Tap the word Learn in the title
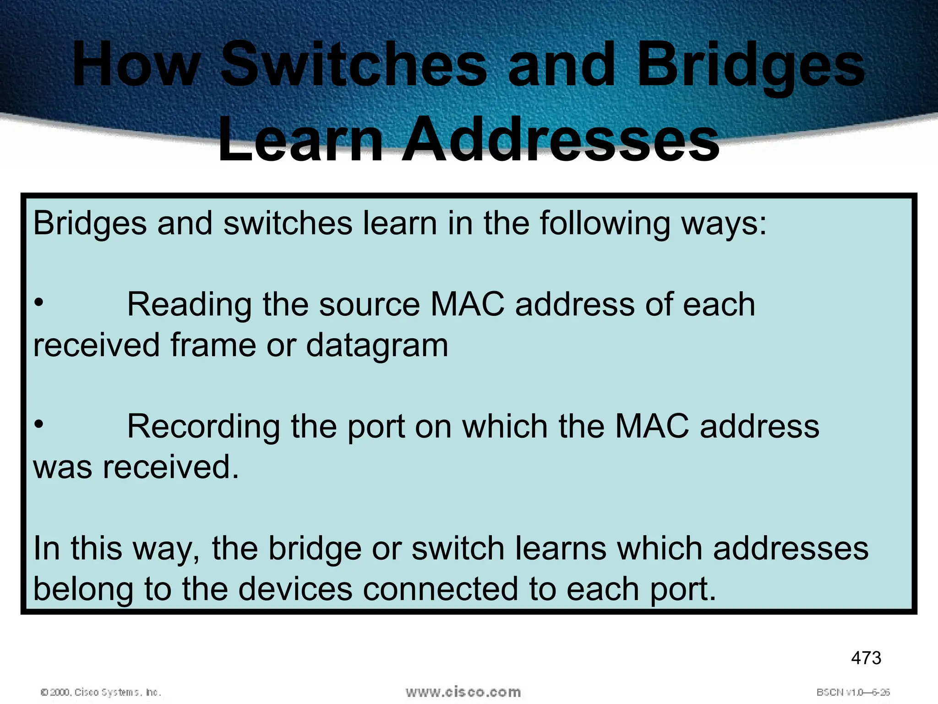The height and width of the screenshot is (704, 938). click(x=300, y=140)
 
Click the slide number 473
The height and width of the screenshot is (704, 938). click(x=866, y=658)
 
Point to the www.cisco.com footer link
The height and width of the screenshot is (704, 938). click(x=463, y=692)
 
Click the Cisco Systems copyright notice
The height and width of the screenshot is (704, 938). click(x=101, y=692)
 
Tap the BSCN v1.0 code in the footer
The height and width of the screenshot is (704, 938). click(x=853, y=692)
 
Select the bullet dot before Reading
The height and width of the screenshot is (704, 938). click(x=39, y=302)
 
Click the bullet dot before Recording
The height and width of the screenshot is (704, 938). click(x=39, y=424)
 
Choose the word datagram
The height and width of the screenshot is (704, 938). click(x=377, y=346)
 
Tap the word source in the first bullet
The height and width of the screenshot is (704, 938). click(x=369, y=305)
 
